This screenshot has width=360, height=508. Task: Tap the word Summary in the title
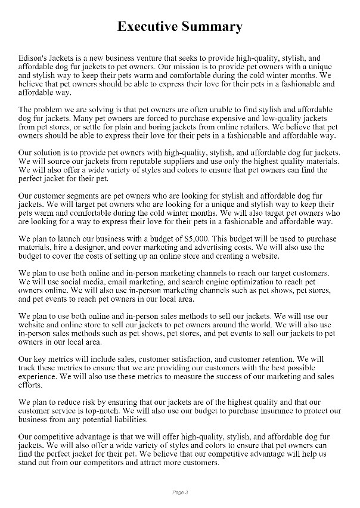(213, 27)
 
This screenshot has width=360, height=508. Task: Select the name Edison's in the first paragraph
(35, 59)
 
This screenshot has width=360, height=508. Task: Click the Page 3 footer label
(180, 492)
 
